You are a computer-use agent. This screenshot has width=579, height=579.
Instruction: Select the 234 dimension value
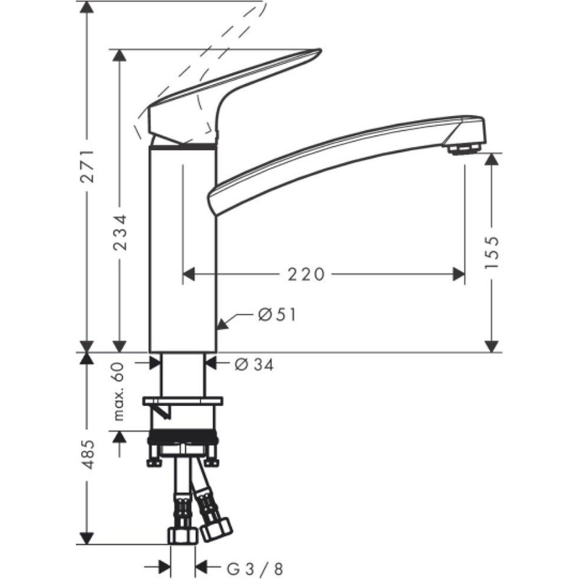click(x=120, y=232)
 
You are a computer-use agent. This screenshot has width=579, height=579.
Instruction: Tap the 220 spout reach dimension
click(x=306, y=274)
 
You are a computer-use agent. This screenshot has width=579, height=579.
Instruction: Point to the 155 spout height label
click(x=492, y=251)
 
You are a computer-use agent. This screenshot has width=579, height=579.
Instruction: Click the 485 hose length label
click(x=86, y=455)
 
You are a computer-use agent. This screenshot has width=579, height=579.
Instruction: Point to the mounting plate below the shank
click(x=182, y=400)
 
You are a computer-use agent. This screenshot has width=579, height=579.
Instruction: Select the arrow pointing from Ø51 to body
click(x=227, y=321)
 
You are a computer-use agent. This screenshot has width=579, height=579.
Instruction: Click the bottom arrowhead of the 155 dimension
click(x=492, y=345)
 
